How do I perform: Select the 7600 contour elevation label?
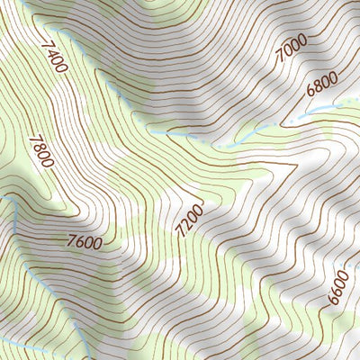point(84,241)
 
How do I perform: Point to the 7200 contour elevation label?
point(190,220)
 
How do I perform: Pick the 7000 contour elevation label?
point(291,49)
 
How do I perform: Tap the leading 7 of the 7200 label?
point(182,233)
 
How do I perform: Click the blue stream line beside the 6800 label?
point(310,109)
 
